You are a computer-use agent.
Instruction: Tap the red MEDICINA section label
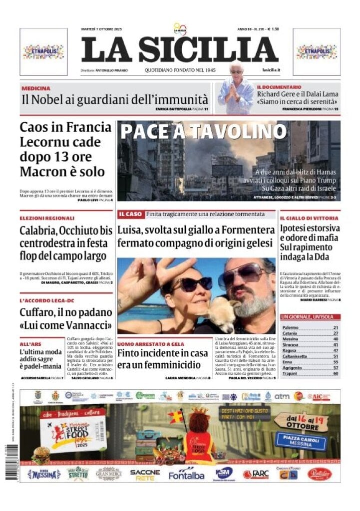(x=36, y=88)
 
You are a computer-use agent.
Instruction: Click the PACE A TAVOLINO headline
(x=203, y=131)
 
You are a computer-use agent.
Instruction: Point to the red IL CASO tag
(x=130, y=214)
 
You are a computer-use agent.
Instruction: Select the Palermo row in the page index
(x=310, y=327)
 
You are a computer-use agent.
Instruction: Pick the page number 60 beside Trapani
(x=336, y=373)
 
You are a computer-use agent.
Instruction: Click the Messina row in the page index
(x=310, y=339)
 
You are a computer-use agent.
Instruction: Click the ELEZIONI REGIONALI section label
(x=47, y=218)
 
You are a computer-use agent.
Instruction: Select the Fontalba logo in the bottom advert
(x=186, y=475)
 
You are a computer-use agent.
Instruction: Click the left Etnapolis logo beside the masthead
(x=43, y=51)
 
